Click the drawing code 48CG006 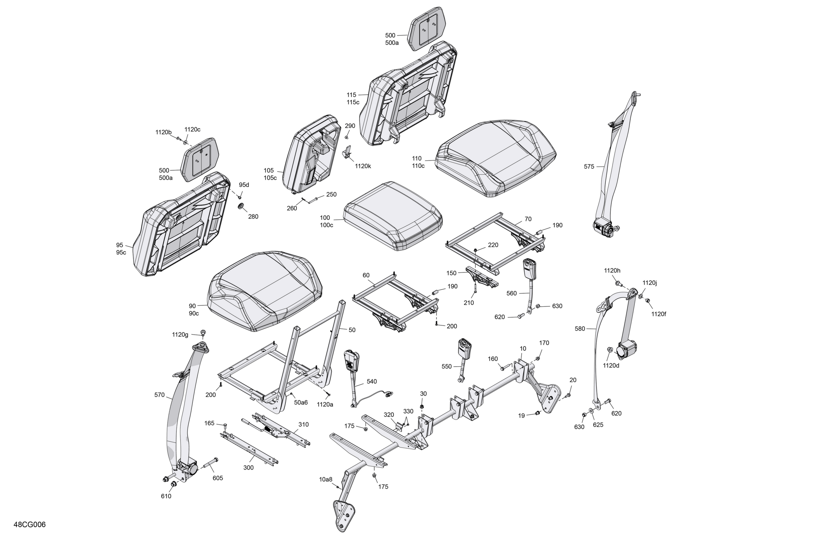pos(30,524)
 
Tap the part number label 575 pos(589,167)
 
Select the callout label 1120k pos(363,166)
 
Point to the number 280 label pos(253,217)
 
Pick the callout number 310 pos(303,425)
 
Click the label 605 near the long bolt pos(217,478)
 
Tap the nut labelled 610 pos(173,484)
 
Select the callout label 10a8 pos(326,480)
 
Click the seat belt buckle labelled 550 pos(464,360)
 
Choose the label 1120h pos(612,271)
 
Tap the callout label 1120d pos(611,366)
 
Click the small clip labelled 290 pos(347,136)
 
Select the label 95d pos(244,185)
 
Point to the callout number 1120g pos(180,335)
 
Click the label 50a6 pos(301,402)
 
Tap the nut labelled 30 pos(422,407)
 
